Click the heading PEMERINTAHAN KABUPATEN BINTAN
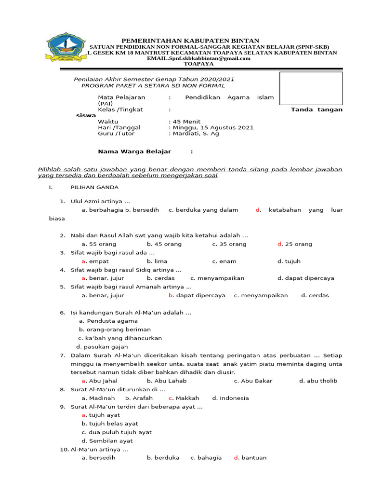[190, 41]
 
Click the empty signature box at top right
[311, 88]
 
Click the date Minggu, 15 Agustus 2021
[211, 128]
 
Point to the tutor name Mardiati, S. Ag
[195, 134]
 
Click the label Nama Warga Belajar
[134, 151]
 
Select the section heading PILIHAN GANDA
[94, 187]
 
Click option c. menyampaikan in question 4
[217, 278]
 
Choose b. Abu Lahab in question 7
[166, 381]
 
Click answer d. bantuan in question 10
[250, 458]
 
